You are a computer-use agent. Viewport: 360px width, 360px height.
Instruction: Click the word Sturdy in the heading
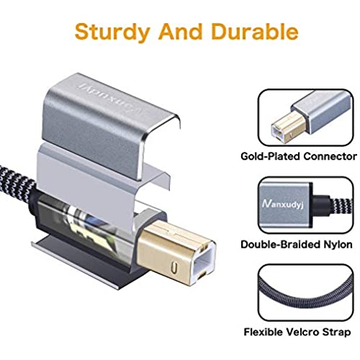[x=112, y=32]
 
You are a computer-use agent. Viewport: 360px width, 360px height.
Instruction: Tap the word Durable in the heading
[x=255, y=31]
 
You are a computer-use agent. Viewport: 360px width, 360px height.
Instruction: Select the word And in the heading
[x=181, y=31]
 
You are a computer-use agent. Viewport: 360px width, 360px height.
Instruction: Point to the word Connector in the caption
[x=330, y=156]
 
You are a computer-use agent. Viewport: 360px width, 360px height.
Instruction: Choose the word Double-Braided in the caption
[x=281, y=244]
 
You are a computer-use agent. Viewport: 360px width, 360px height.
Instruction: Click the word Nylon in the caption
[x=338, y=245]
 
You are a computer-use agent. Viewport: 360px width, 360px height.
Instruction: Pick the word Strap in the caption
[x=336, y=333]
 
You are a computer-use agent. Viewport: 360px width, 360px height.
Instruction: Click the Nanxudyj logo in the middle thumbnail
[x=283, y=204]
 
